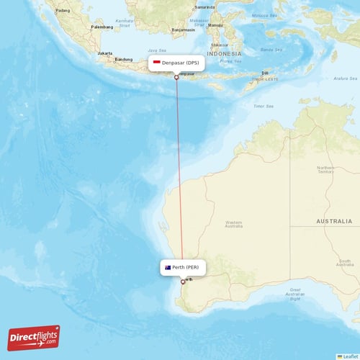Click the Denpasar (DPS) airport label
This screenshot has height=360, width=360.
coord(180,63)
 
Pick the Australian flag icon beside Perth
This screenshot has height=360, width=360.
coord(168,268)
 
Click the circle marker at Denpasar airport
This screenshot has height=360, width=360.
coord(176,77)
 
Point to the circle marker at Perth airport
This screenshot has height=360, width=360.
coord(183,282)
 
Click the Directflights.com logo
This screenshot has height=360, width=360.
coord(34,337)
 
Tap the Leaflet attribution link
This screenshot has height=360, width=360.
coord(349,356)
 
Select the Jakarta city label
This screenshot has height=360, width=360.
coord(105,53)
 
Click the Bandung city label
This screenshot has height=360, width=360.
coord(124,60)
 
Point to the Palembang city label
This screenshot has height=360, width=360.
coord(102,27)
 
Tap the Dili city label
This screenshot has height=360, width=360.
coord(265,73)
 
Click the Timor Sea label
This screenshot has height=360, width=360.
coord(264,106)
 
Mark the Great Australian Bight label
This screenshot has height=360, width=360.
coord(293,294)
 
